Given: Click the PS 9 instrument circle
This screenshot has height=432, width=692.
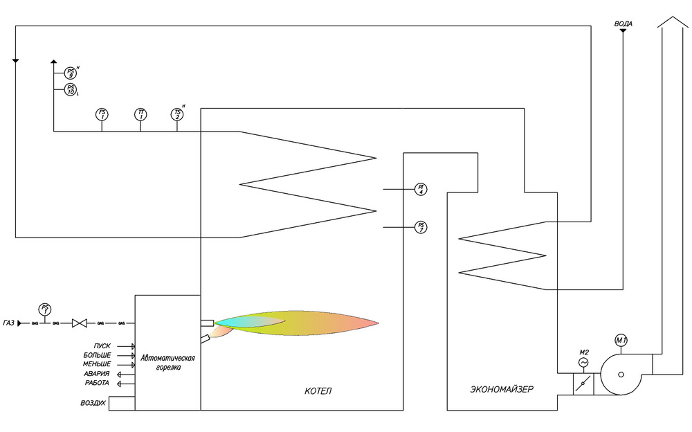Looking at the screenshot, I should coord(71,73).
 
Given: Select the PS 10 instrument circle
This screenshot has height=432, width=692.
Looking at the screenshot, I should coord(71,89).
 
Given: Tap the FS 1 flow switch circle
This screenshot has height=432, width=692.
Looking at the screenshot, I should coord(102,114).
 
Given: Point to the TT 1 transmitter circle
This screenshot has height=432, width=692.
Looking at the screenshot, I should coord(140,114).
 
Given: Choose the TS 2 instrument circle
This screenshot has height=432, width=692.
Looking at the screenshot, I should coord(177,114).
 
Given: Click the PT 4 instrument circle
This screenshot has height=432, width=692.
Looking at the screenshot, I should coord(420,189).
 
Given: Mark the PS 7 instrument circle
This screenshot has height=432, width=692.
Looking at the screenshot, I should coord(420,226).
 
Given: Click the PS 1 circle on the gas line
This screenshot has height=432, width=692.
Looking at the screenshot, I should coord(46,309).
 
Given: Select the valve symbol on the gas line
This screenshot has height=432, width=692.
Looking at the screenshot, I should coord(80,323).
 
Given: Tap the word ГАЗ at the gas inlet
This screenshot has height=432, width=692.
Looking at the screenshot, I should coord(10,323).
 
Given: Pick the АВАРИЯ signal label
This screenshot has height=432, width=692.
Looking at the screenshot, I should coord(96,374).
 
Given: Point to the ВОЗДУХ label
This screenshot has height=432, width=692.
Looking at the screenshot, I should coord(92,402).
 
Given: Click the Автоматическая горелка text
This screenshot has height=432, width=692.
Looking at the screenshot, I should coord(167,363).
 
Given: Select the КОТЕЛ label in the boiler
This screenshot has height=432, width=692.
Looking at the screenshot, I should coord(318,391).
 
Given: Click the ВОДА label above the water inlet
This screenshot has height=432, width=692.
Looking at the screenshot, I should coord(623,24).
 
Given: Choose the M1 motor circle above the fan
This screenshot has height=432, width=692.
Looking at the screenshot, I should coord(621,340).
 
